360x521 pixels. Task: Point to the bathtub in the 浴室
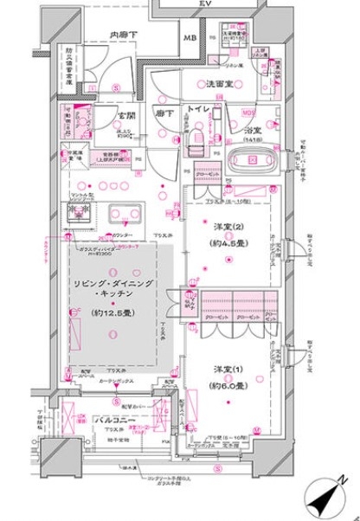tap(252, 161)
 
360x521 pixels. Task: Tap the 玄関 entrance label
tap(126, 116)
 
